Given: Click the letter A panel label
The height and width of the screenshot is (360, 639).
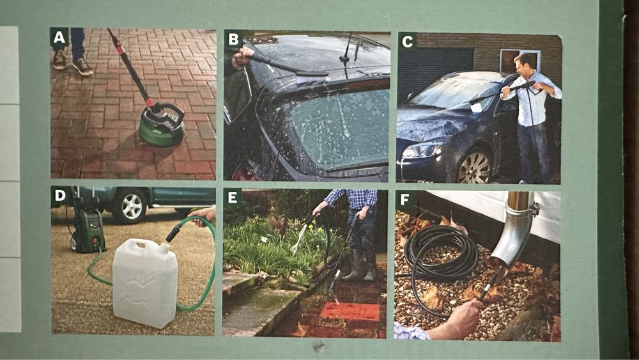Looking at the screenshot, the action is pos(59,37).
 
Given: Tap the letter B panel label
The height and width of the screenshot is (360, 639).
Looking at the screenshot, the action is pos(233,39).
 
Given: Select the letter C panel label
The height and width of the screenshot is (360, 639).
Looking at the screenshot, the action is pos(407,41).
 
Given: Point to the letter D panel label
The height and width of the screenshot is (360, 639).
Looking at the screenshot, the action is pos(59,195).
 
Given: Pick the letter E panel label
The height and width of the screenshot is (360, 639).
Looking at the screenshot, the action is pos(233,198).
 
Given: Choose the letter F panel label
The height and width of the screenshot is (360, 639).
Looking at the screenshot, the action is pos(404,200).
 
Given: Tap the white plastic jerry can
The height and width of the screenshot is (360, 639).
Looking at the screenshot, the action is pos(145,283).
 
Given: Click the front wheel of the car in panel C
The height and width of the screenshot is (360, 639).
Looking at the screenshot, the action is pos(475,167).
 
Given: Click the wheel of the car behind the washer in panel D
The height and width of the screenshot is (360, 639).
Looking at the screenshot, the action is pos(129,207).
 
